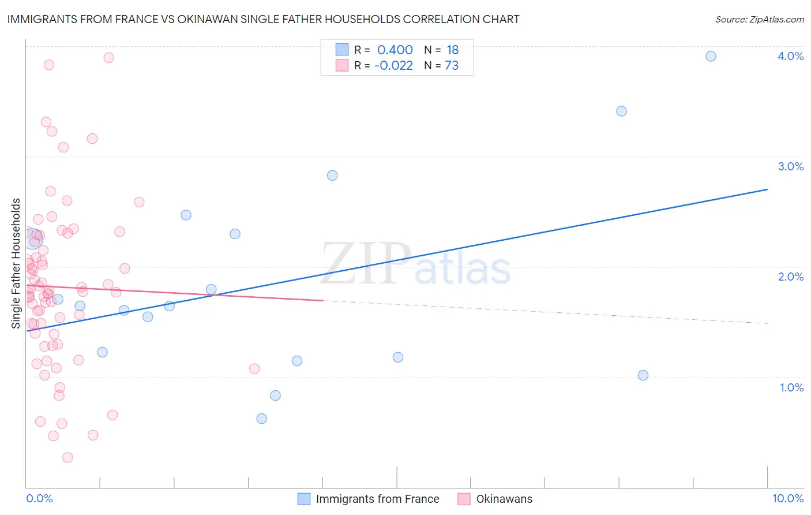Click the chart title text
(x=263, y=20)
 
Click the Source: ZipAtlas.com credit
(x=759, y=20)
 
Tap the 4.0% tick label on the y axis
(x=790, y=56)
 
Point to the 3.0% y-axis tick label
(x=790, y=166)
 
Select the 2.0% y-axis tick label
(x=790, y=277)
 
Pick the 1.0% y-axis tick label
(x=791, y=387)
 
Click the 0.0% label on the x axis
(x=39, y=498)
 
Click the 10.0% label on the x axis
(x=787, y=498)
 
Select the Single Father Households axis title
(x=16, y=263)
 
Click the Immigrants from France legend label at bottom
(x=377, y=499)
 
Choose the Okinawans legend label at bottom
(x=504, y=499)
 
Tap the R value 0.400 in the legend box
(x=395, y=50)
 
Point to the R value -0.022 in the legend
(x=393, y=66)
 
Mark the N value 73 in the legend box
(x=452, y=66)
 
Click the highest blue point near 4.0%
(x=711, y=56)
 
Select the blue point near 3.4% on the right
(x=621, y=111)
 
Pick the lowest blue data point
(x=261, y=419)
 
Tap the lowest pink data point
(x=67, y=457)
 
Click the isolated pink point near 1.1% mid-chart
(x=254, y=368)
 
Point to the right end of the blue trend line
(x=767, y=189)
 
